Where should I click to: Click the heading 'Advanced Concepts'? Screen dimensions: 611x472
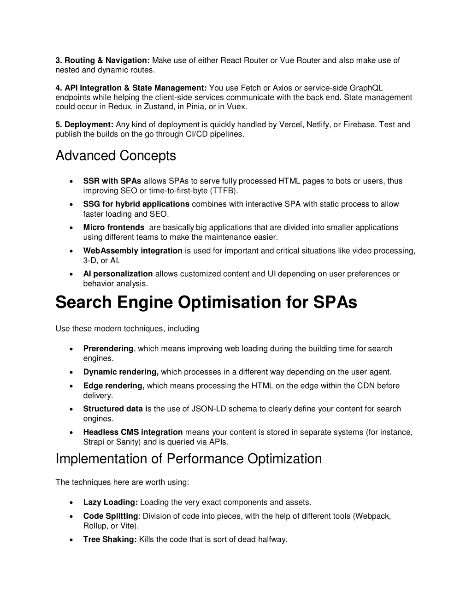click(x=116, y=156)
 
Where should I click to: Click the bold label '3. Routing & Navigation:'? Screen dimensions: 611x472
click(x=103, y=60)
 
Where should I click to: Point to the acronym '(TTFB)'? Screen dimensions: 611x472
click(x=224, y=191)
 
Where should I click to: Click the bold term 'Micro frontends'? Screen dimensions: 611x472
click(x=114, y=227)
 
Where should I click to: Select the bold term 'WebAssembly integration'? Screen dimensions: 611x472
click(x=133, y=251)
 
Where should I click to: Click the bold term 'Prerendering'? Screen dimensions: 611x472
click(x=108, y=349)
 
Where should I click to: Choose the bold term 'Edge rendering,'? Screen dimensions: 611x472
click(x=114, y=386)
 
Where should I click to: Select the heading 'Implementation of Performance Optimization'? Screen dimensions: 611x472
click(x=189, y=459)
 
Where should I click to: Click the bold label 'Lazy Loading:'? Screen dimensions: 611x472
click(x=111, y=502)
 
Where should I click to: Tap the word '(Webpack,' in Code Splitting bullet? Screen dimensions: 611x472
click(x=372, y=516)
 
